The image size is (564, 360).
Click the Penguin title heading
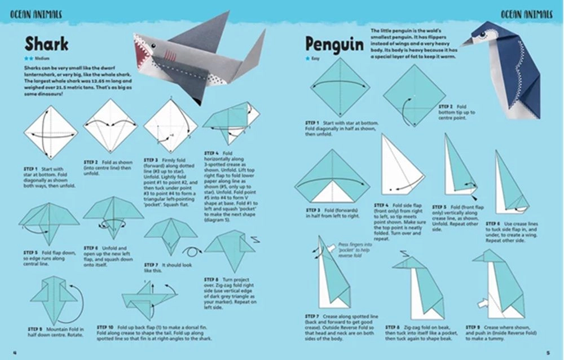(x=334, y=43)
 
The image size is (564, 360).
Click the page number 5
(x=548, y=353)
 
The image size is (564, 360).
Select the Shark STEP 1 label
(x=31, y=169)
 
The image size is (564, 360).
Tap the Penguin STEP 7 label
(x=312, y=316)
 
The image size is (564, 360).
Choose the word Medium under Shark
(x=42, y=58)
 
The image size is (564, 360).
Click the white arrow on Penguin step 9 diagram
(x=481, y=303)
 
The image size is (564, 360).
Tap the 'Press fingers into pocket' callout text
(x=354, y=248)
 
